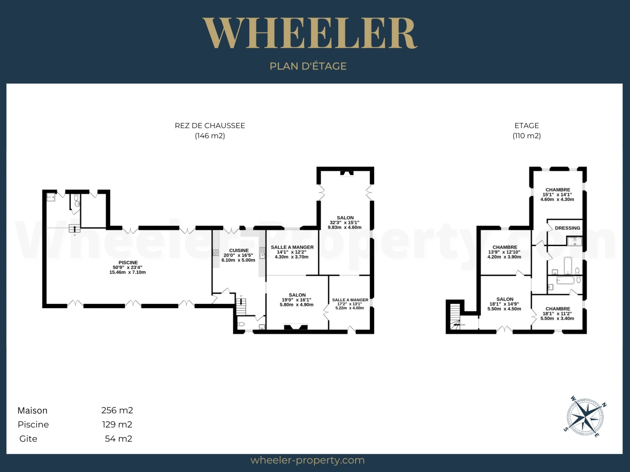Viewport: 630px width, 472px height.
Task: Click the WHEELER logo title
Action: [310, 33]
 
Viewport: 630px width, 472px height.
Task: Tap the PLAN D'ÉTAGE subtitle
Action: [308, 66]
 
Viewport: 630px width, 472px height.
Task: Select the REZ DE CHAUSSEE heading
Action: [210, 125]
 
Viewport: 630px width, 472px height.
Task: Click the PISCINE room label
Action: [128, 263]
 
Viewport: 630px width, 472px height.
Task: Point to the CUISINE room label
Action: [239, 250]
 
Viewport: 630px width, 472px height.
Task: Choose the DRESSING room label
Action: [567, 228]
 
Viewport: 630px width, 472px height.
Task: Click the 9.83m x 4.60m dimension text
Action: [344, 228]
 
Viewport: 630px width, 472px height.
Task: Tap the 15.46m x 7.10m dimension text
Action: [127, 272]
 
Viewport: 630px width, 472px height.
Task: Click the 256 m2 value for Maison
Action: [117, 410]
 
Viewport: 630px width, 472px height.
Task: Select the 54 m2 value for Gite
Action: [119, 439]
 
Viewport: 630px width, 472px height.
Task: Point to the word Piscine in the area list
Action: [33, 424]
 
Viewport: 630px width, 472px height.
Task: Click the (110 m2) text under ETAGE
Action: [527, 135]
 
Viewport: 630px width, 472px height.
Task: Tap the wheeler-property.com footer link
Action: [308, 460]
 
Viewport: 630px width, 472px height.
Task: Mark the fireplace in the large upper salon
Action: [346, 174]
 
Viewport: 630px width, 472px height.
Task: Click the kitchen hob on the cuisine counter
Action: [216, 253]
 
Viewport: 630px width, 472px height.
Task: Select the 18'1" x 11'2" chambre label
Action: [558, 314]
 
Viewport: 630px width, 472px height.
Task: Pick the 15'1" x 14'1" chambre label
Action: [557, 194]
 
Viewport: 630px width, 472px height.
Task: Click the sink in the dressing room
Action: [574, 241]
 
